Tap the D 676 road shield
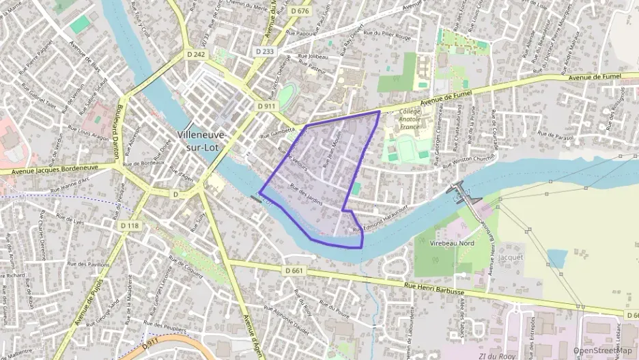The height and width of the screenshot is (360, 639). click(299, 11)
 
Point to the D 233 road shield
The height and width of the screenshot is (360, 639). click(265, 51)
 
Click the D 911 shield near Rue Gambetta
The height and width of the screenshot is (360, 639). click(266, 107)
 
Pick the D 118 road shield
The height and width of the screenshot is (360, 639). click(129, 225)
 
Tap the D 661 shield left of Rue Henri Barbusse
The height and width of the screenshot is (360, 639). click(293, 271)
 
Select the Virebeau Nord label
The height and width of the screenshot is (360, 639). click(453, 243)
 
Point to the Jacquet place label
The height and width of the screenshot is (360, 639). click(511, 258)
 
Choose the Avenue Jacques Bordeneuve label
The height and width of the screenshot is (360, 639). click(55, 167)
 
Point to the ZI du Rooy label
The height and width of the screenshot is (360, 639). click(496, 355)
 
